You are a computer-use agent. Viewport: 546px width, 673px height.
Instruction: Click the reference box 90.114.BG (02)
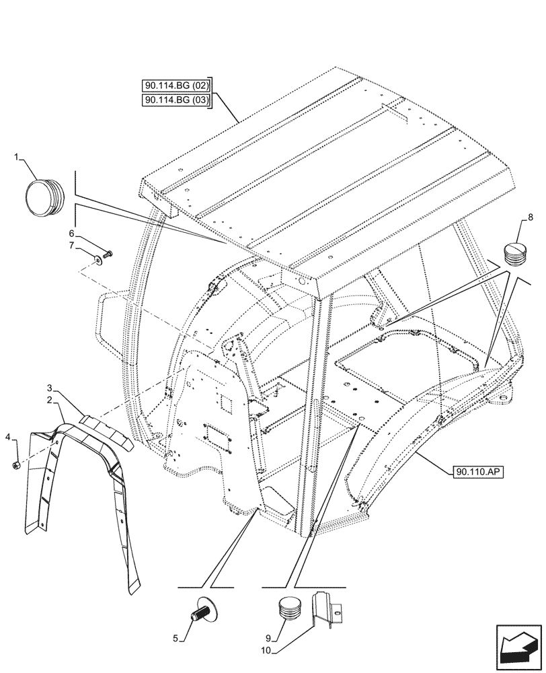pyautogui.click(x=177, y=85)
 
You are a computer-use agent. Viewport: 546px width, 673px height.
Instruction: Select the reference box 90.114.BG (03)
pyautogui.click(x=177, y=100)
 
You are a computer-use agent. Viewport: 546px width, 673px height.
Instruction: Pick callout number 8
pyautogui.click(x=531, y=217)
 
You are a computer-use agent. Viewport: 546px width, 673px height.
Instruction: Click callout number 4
pyautogui.click(x=8, y=438)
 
